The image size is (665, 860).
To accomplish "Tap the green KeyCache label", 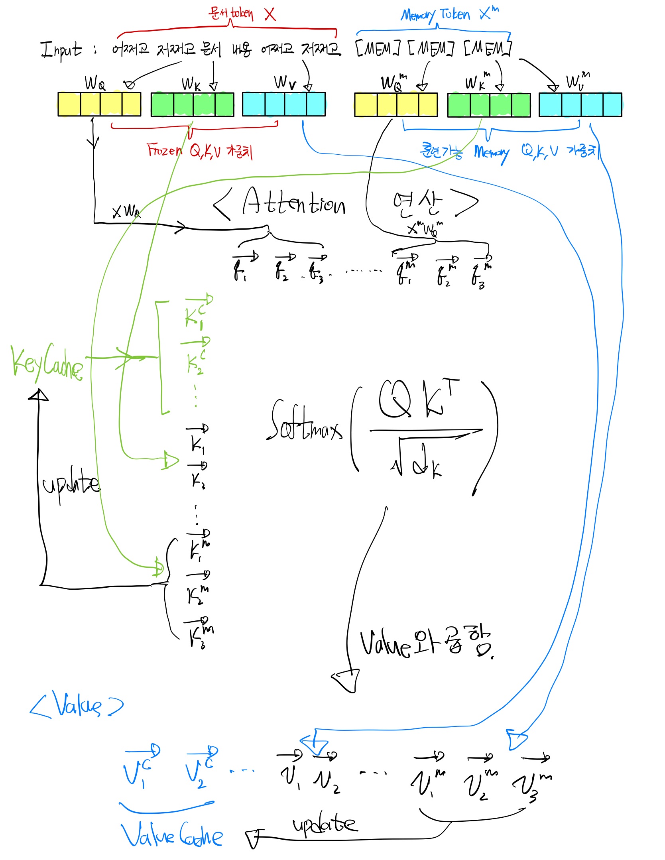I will click(46, 363).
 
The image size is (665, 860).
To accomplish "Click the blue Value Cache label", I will click(171, 835).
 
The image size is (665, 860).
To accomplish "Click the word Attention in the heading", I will click(293, 203).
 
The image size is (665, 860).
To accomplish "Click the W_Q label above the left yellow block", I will click(95, 83).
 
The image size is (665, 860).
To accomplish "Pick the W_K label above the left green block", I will click(191, 84).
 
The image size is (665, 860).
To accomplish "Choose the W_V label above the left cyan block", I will click(285, 83).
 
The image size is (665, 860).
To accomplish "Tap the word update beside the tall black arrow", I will click(71, 485).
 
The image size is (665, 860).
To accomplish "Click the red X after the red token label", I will click(270, 14).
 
